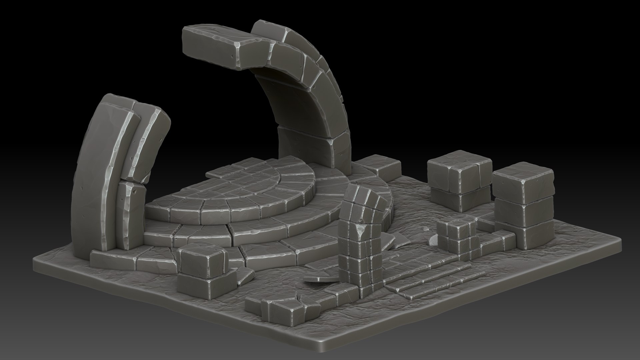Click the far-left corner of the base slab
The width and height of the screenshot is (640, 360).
click(37, 263)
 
